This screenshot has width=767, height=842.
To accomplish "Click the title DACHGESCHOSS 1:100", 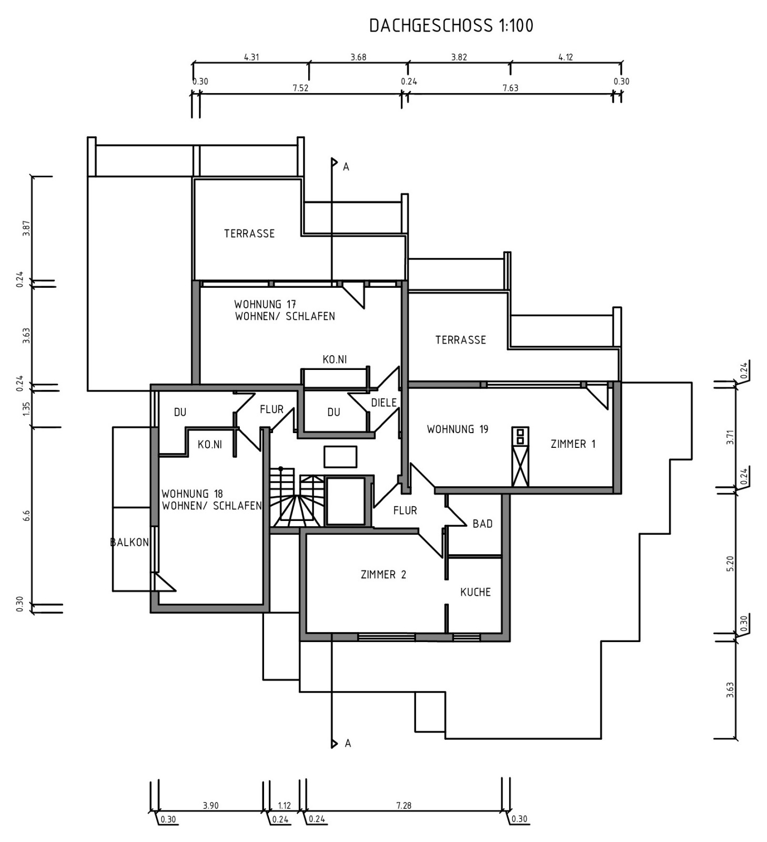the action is [451, 26].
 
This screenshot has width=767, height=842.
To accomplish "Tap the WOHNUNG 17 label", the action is [265, 304].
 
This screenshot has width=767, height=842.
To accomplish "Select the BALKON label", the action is [129, 543].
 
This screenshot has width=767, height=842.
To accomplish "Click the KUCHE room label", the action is [475, 592].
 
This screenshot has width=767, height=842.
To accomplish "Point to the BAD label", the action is [482, 524].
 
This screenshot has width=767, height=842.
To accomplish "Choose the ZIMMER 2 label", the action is [383, 575].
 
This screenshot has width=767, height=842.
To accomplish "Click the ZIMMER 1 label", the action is [573, 444].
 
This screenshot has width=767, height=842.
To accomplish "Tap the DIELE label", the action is [383, 403].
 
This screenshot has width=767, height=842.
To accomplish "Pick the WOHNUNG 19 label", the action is [457, 429].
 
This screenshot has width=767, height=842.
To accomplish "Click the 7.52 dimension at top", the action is [300, 88].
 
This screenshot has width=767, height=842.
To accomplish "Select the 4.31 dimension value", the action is [251, 57].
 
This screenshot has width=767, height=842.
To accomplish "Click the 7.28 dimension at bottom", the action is [403, 805].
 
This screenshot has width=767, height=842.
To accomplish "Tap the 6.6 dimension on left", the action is [26, 516].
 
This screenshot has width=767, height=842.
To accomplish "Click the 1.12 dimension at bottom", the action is [284, 805].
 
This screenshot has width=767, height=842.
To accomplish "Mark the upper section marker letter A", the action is [346, 167].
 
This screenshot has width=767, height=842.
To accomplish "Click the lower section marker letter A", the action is [348, 743].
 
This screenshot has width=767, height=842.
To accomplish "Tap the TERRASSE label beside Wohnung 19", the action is [460, 340].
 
